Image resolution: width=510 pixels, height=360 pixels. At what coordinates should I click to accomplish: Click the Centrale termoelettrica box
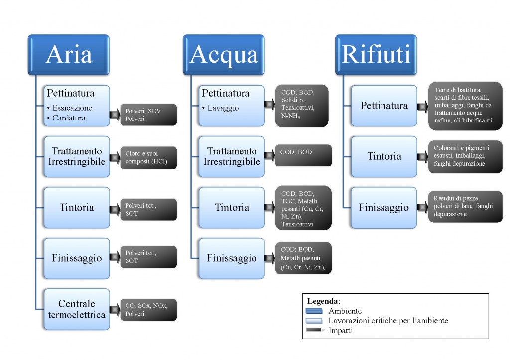77,309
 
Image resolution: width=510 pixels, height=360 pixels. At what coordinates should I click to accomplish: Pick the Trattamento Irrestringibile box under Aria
77,156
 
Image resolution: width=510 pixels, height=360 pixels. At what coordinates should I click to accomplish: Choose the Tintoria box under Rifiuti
384,156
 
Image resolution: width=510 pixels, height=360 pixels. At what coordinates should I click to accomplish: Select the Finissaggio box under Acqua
232,258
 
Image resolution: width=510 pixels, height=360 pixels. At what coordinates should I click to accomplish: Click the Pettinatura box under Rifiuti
384,106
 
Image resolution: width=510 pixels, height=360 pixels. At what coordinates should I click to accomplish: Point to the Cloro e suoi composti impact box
148,157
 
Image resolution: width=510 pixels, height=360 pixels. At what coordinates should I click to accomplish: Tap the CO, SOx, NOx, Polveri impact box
148,309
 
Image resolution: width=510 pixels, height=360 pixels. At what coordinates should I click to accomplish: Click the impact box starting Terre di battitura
465,106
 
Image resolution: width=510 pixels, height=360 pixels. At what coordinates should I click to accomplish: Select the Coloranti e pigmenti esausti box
465,157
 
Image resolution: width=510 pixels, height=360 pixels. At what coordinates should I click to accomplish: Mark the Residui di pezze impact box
465,207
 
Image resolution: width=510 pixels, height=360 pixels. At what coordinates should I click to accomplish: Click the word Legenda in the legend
323,301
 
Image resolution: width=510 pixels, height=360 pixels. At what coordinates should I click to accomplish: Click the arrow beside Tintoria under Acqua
269,208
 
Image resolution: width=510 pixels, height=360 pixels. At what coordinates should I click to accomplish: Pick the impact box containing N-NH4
301,106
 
